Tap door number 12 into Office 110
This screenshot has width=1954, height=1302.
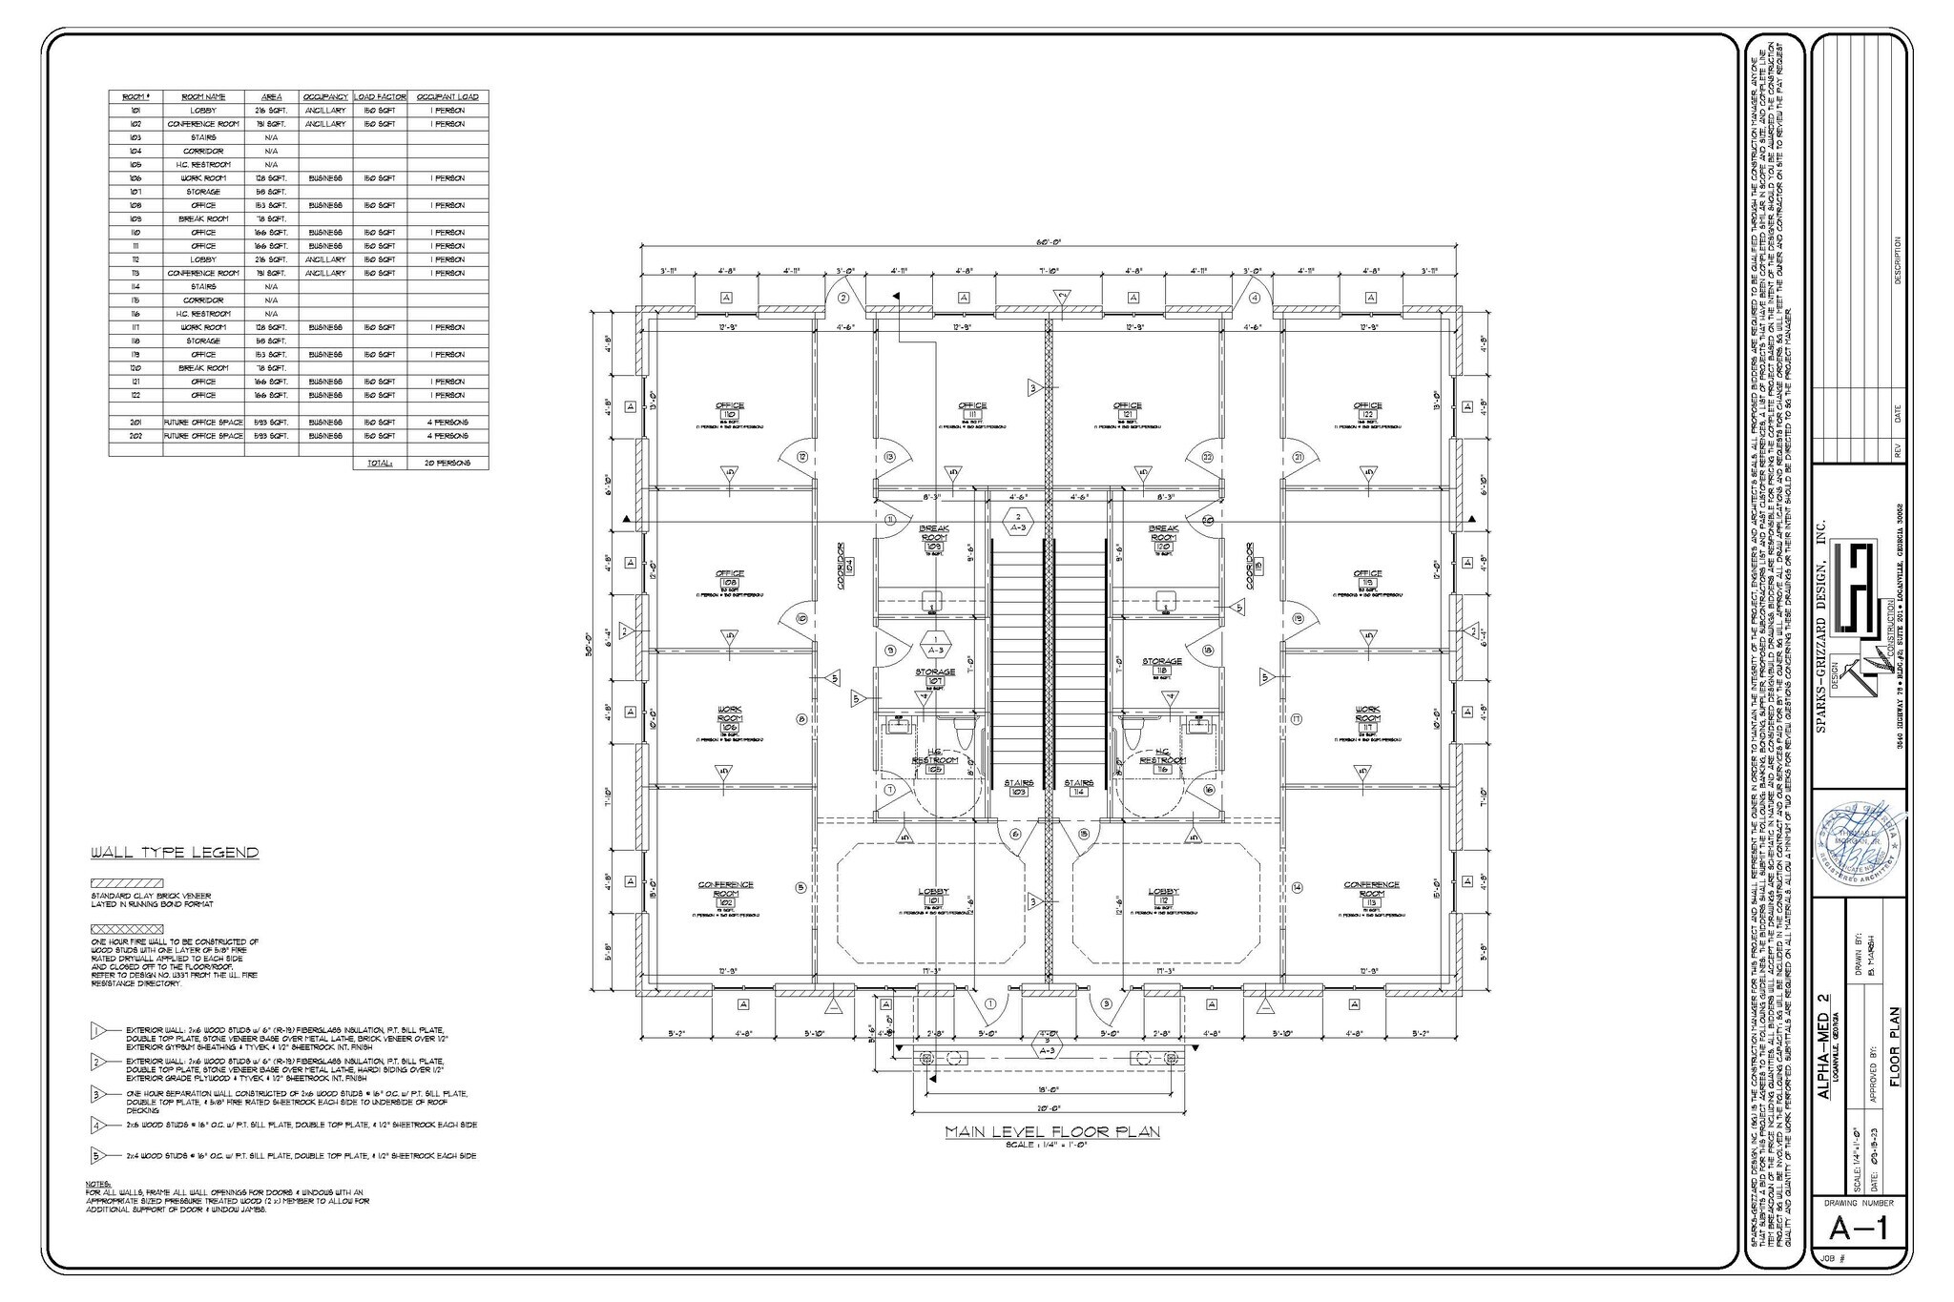[802, 458]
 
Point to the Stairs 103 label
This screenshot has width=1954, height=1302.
[1019, 787]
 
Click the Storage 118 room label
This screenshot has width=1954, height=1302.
[1162, 666]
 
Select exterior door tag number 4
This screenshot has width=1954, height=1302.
[1256, 298]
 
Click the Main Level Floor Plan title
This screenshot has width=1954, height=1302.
[1051, 1132]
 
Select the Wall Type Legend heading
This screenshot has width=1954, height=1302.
[175, 853]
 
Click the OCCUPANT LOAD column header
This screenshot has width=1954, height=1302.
[448, 97]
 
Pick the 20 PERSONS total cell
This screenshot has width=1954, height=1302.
[448, 463]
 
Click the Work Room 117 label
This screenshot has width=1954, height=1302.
[1367, 717]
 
